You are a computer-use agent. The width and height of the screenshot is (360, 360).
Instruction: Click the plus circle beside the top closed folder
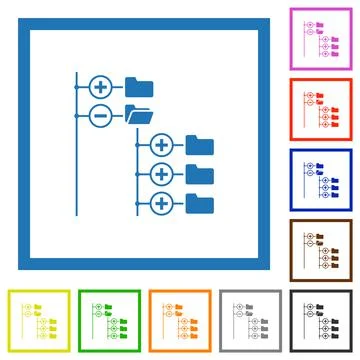click(100, 86)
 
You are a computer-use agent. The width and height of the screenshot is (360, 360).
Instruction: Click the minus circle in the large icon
click(100, 114)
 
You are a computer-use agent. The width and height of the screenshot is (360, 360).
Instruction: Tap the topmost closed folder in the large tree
click(138, 86)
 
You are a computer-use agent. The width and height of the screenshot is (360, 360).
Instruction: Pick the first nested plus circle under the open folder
click(161, 146)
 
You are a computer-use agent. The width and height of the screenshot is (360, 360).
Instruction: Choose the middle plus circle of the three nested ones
click(161, 175)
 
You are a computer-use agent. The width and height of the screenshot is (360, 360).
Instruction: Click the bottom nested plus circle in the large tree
click(161, 204)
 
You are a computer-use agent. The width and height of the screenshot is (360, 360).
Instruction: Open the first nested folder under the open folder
click(200, 145)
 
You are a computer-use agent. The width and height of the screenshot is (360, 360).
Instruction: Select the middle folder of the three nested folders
click(200, 174)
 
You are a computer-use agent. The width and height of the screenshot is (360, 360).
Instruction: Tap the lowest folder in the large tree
click(200, 203)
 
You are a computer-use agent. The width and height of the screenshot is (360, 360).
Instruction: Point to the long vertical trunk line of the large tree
click(77, 150)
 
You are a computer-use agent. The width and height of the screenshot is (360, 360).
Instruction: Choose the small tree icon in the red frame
click(322, 111)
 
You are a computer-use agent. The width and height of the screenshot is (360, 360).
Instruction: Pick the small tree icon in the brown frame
click(322, 253)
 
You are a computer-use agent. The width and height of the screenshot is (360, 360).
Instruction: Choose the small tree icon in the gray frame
click(253, 321)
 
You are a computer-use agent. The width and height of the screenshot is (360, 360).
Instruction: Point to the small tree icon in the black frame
click(322, 321)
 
